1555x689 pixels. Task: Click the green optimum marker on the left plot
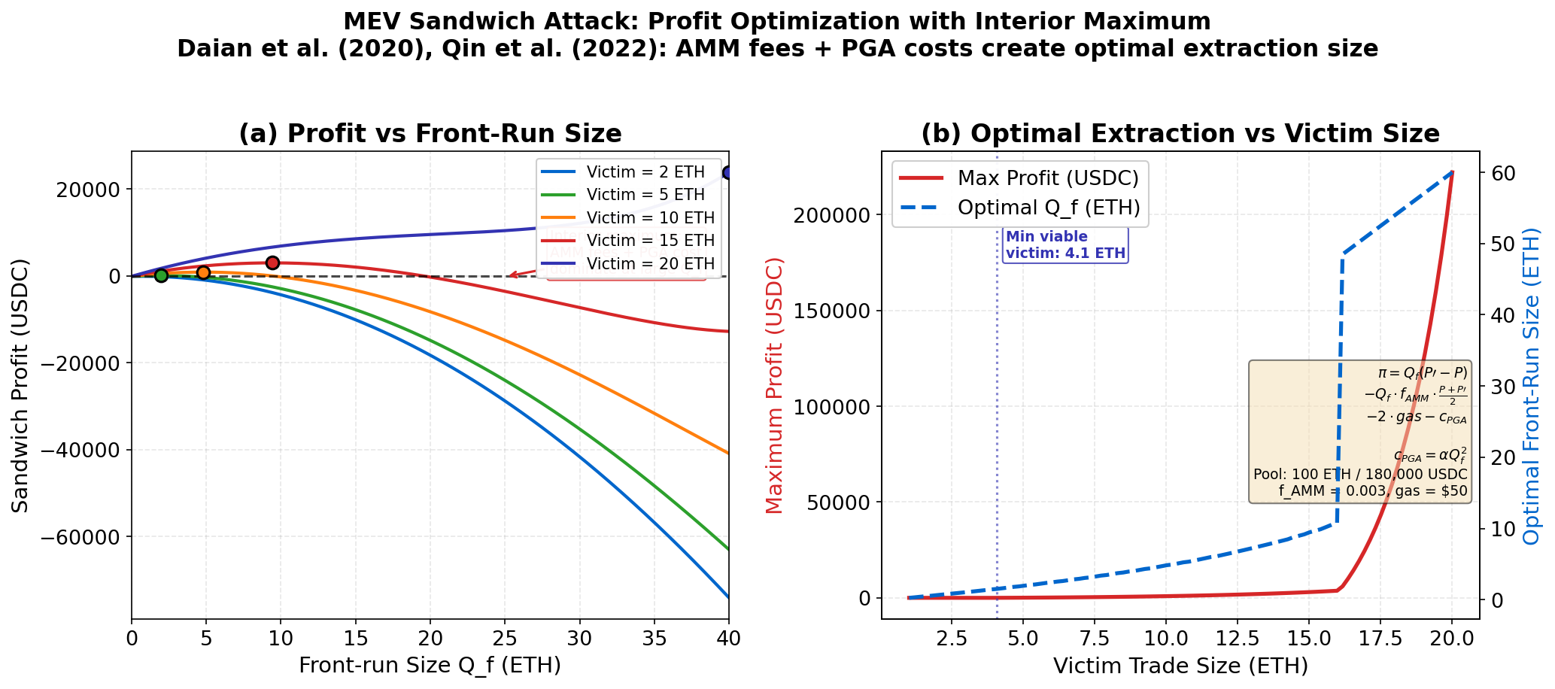161,275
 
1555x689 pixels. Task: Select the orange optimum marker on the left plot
203,272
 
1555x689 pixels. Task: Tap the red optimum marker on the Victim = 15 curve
273,263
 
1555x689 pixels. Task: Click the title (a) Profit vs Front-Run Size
430,134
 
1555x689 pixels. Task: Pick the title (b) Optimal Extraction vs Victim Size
1180,134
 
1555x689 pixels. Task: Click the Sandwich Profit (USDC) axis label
20,385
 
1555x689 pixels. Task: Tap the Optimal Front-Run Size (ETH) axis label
1531,385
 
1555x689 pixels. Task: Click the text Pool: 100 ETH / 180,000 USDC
1359,475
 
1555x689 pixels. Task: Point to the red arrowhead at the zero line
509,275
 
